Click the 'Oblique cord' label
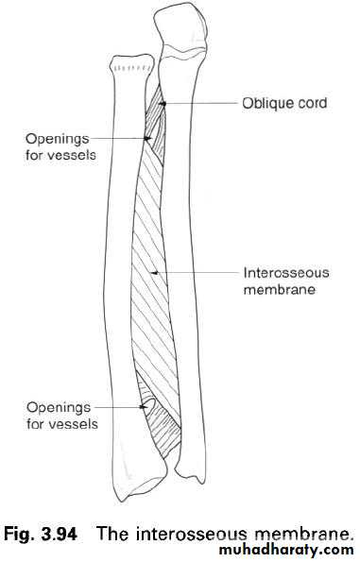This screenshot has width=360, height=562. [284, 104]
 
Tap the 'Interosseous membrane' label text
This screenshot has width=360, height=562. [286, 281]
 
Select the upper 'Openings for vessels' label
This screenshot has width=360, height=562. [61, 146]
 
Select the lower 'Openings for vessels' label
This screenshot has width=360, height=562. [62, 416]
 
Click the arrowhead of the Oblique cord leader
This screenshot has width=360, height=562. [163, 104]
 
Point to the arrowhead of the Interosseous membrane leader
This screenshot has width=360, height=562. [154, 273]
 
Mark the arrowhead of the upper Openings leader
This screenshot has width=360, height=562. [147, 138]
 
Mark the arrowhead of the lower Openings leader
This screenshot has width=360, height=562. [143, 407]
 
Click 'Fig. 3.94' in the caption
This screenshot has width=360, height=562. [41, 534]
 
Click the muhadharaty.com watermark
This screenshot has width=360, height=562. [286, 551]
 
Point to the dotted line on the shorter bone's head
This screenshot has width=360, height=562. [130, 68]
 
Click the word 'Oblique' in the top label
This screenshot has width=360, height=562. [264, 104]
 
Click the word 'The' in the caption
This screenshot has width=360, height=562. [114, 534]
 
